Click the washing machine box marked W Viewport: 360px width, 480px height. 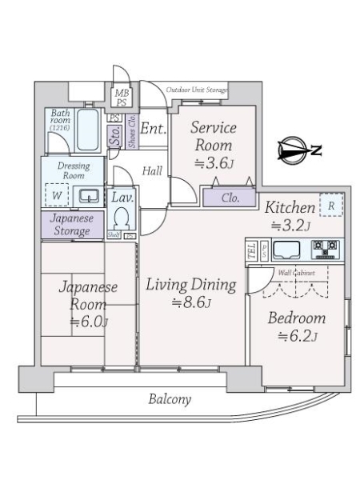click(x=58, y=194)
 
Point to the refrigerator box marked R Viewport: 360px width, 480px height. click(x=330, y=204)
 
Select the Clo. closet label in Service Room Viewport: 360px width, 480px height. click(x=229, y=196)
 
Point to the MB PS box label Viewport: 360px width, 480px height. click(x=121, y=98)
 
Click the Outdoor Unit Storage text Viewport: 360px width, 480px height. click(x=197, y=90)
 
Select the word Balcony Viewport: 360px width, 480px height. click(x=170, y=399)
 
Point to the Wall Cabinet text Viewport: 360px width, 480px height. click(x=296, y=273)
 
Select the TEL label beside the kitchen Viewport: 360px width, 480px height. click(x=250, y=250)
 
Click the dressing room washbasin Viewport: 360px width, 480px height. click(x=90, y=194)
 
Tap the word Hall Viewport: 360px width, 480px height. click(x=151, y=170)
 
